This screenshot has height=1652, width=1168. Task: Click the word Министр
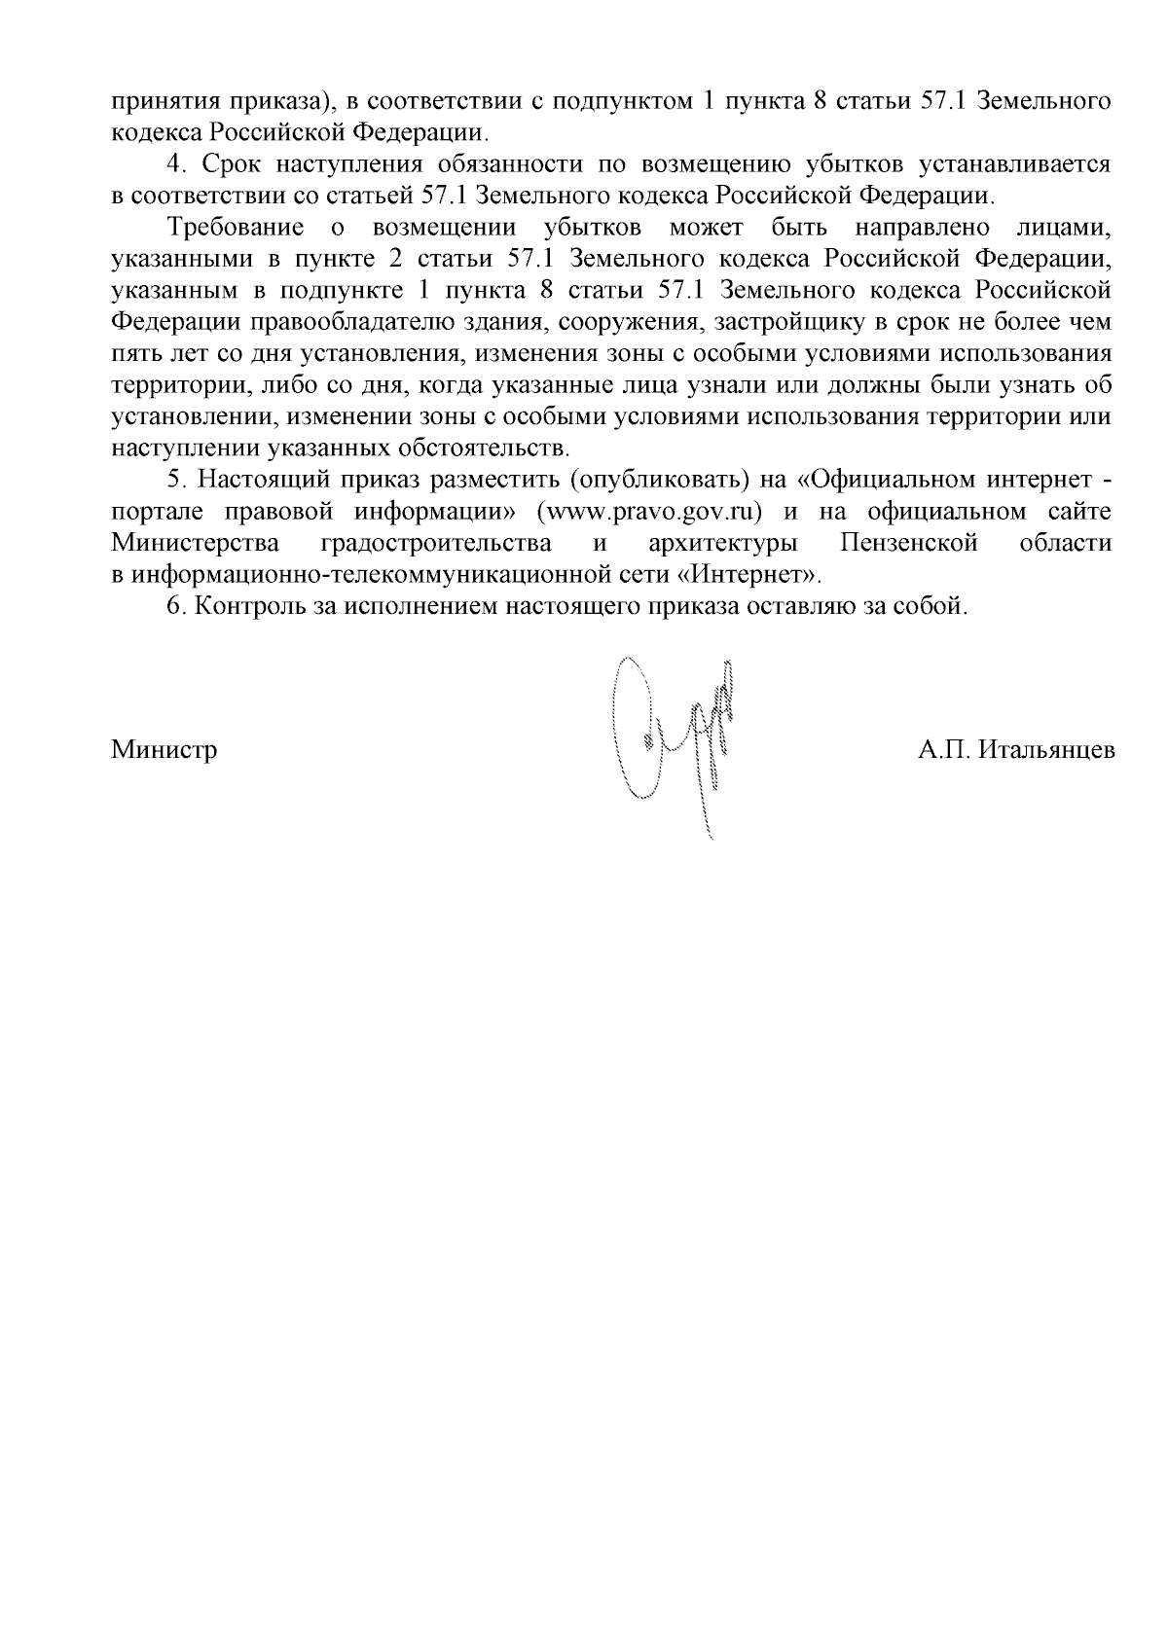click(x=164, y=751)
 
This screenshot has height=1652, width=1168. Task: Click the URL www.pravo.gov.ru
click(x=641, y=512)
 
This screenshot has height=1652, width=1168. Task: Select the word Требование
click(x=225, y=228)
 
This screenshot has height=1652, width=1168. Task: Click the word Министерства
click(x=196, y=543)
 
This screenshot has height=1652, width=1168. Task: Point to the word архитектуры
click(x=717, y=543)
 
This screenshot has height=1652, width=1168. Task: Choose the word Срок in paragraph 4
click(x=232, y=164)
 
